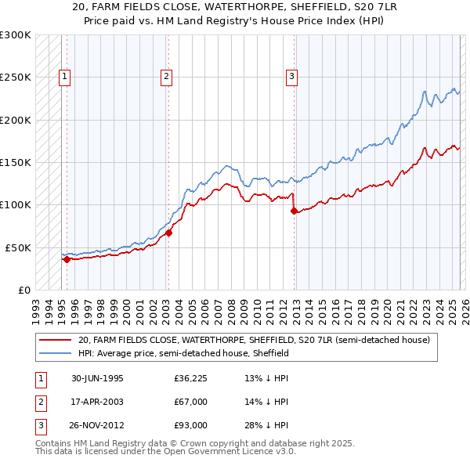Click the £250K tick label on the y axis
click(16, 78)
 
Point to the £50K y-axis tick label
click(18, 247)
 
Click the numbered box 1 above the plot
click(64, 76)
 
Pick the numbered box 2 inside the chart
click(167, 76)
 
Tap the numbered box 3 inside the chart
click(291, 76)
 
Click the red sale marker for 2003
click(168, 233)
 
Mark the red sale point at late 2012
click(294, 211)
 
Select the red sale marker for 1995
click(67, 258)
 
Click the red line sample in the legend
click(54, 341)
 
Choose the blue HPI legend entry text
click(183, 353)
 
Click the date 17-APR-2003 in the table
click(97, 402)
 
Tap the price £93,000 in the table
click(190, 425)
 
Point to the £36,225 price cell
click(190, 378)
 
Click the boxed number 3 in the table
click(40, 425)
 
